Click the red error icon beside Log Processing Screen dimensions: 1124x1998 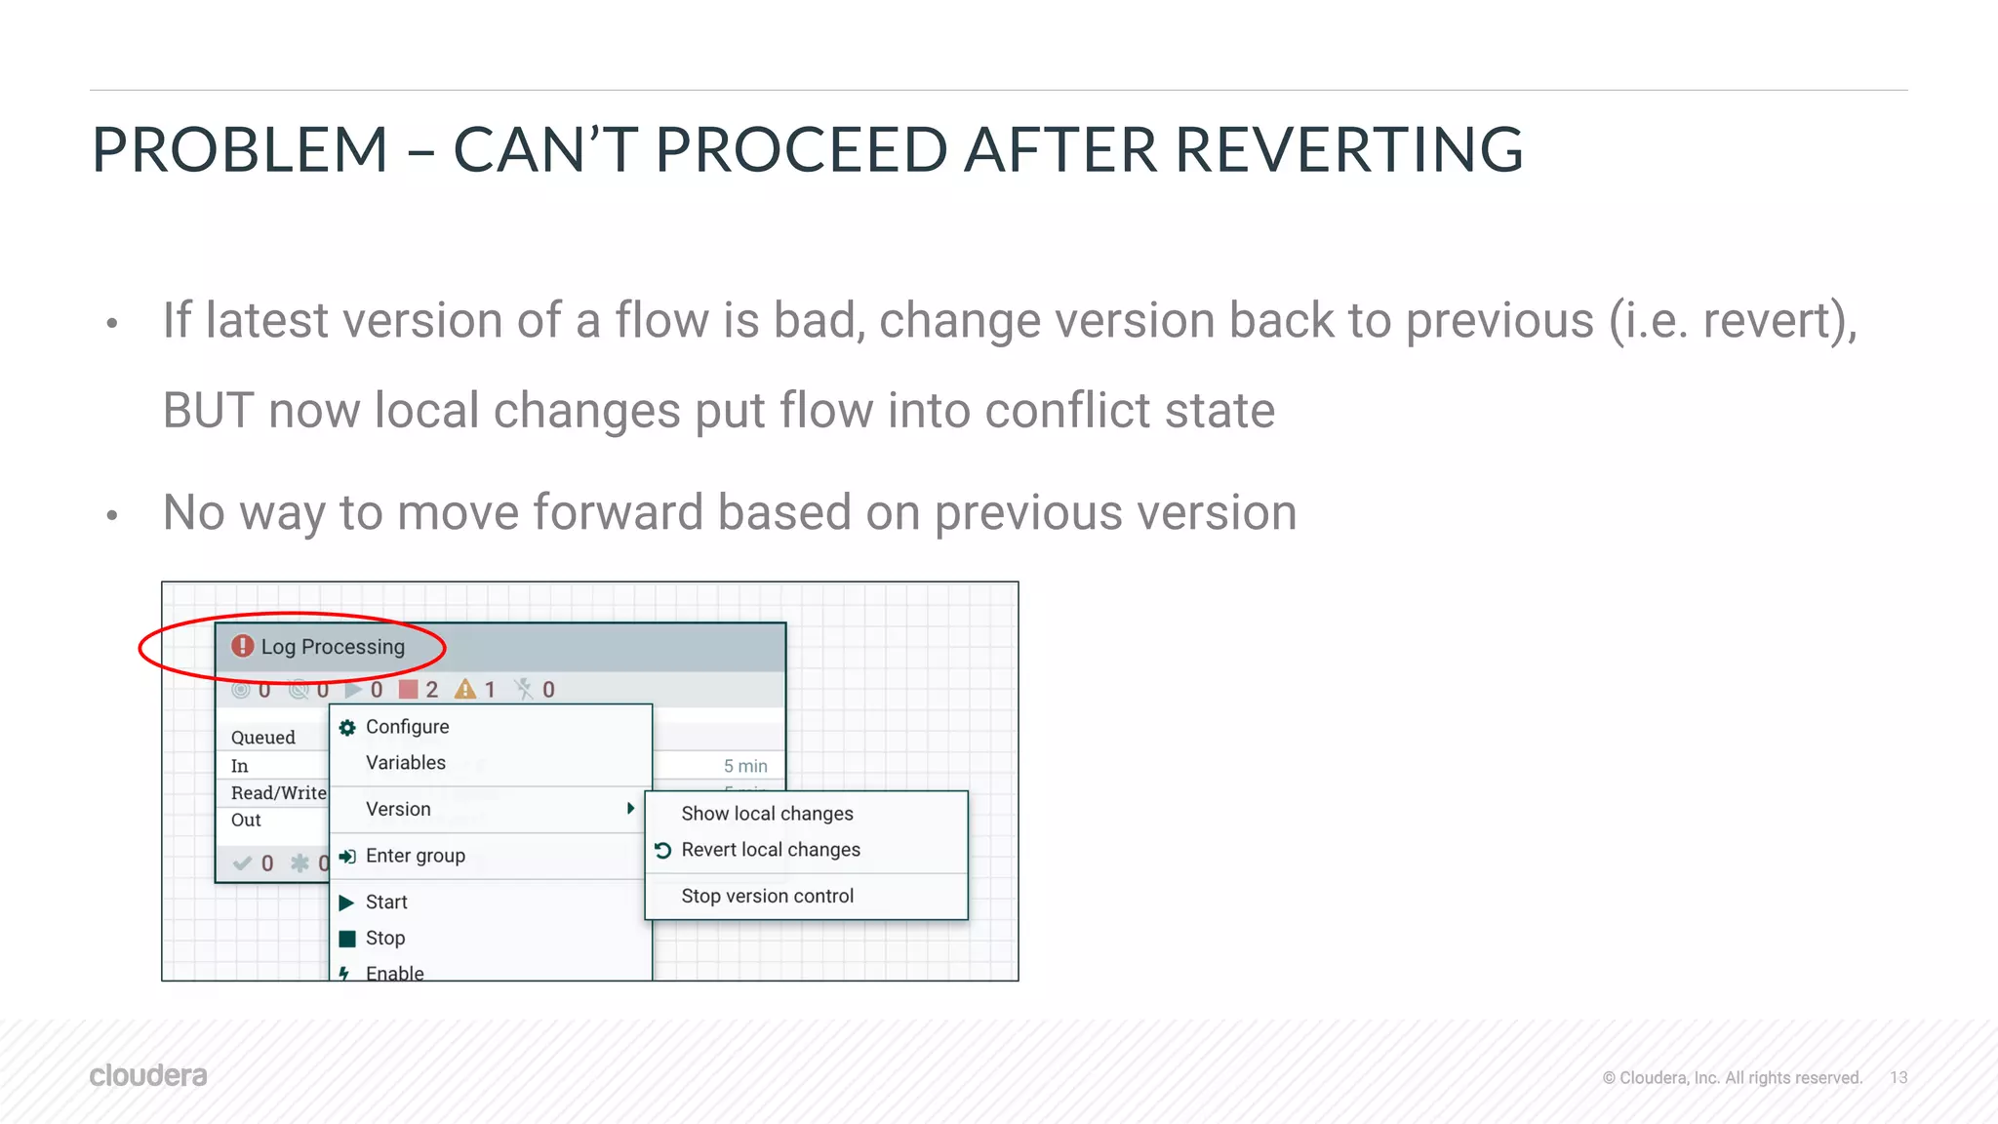tap(242, 646)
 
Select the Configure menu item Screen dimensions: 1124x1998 tap(407, 727)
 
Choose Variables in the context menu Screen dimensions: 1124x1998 tap(405, 763)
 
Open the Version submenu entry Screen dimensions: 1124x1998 tap(398, 809)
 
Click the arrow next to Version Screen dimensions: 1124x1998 tap(631, 809)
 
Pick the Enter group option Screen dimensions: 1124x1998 tap(415, 856)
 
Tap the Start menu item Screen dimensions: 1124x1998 tap(386, 903)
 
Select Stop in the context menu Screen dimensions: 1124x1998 tap(384, 939)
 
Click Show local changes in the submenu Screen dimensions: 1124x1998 tap(767, 814)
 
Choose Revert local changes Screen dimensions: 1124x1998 tap(771, 850)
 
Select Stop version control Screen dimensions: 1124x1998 tap(767, 896)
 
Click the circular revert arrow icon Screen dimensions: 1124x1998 tap(663, 850)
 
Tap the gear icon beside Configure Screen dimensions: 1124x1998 tap(347, 727)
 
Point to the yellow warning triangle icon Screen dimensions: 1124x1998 tap(465, 690)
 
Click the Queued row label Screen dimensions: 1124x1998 tap(262, 738)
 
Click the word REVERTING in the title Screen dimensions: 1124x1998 tap(1348, 150)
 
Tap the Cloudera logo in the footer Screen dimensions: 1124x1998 tap(148, 1075)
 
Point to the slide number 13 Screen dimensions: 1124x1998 tap(1898, 1077)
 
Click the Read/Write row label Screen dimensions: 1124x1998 tap(278, 793)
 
